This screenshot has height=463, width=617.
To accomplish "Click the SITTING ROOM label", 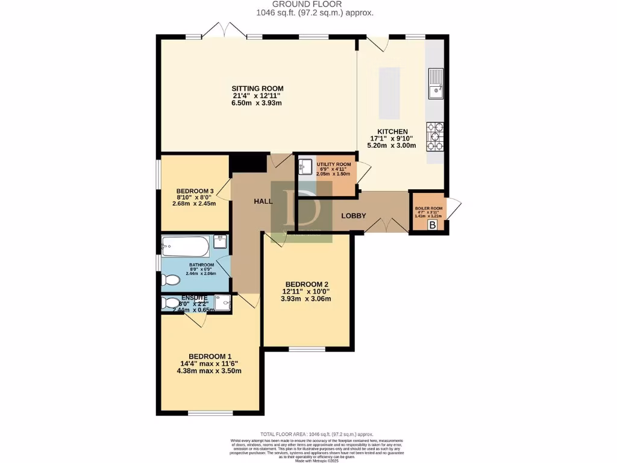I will (257, 89).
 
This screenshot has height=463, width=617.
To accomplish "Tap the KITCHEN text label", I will (393, 131).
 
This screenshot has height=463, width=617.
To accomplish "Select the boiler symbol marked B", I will (431, 225).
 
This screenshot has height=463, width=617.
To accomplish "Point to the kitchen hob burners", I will (434, 137).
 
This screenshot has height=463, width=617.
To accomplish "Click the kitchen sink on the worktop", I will (434, 84).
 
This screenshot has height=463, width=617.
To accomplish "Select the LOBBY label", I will (354, 215).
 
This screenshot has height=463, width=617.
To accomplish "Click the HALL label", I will (263, 201).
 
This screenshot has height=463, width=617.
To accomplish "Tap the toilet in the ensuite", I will (171, 303).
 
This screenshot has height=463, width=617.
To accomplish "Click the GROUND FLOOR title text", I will (308, 4).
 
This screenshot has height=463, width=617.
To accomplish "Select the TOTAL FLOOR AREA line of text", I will (308, 434).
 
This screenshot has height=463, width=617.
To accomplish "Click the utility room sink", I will (305, 165).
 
